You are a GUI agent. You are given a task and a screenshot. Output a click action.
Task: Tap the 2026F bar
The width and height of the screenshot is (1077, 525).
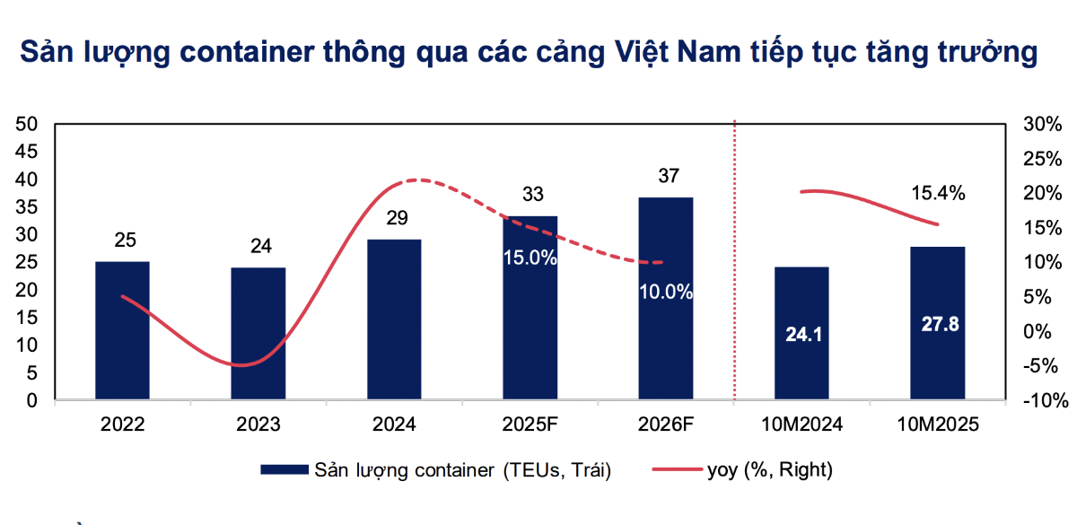click(665, 341)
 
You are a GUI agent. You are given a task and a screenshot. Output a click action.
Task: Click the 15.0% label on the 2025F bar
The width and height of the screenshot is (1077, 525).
click(530, 258)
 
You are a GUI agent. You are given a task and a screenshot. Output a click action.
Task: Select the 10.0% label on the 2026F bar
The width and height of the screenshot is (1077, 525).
click(665, 292)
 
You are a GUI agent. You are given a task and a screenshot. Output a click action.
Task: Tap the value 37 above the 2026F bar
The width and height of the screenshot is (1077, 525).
click(665, 176)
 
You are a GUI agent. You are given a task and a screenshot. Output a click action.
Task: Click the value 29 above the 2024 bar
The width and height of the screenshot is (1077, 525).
click(394, 218)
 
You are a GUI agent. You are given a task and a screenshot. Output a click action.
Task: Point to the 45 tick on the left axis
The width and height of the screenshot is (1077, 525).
click(25, 152)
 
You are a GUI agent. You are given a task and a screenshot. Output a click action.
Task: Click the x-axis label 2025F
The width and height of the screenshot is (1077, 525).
click(530, 424)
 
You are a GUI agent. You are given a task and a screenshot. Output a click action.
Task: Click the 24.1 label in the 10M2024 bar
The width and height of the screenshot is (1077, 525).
click(801, 335)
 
